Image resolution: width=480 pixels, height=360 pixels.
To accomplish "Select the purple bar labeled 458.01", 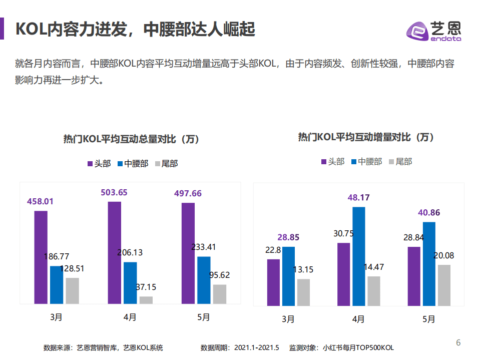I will point(41,257).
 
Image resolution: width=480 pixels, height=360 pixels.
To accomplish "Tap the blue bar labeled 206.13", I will point(130,282).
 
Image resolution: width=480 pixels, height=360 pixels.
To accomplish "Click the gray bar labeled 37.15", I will point(146,300).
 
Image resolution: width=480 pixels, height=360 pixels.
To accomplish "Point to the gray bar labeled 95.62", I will point(220,294).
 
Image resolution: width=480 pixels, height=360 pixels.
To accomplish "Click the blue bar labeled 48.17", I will point(359,256).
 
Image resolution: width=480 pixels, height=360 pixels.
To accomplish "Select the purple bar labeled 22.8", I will point(273,282).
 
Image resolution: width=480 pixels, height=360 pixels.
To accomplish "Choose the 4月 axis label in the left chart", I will point(130,317).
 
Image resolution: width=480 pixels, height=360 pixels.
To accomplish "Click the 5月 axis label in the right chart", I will point(429,319).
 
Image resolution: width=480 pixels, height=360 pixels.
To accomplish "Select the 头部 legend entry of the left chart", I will point(99,163).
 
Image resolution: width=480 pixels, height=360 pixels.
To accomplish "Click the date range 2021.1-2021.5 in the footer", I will point(256,347).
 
